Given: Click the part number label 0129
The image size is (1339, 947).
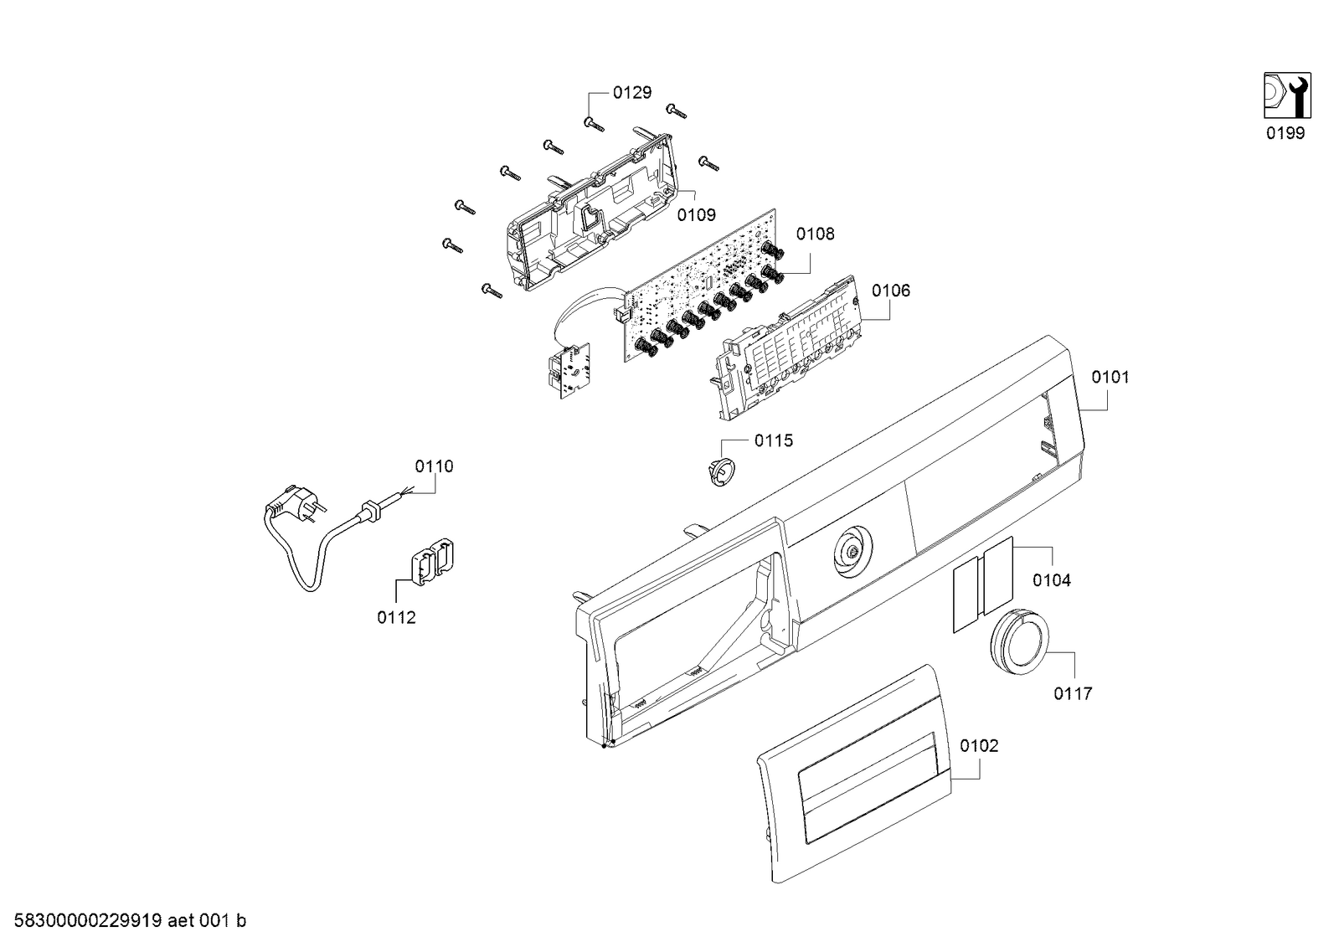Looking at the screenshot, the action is pos(632,93).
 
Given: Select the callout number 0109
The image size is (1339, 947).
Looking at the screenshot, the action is pos(697,214).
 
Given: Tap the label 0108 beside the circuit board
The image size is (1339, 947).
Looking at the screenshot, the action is pos(816,234).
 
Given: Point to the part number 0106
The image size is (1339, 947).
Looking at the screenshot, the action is pos(891,291).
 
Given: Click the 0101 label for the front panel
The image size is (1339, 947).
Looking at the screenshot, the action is pos(1110,378).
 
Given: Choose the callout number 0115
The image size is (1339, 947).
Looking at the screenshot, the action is pos(774,440).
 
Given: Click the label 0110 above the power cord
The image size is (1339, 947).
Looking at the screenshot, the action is pos(435,466).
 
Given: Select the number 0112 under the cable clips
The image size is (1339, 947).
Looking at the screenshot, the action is pos(396,618).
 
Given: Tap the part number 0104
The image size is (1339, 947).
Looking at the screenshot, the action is pos(1052,580).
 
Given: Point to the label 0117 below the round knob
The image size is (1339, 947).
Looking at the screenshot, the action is pos(1073,693).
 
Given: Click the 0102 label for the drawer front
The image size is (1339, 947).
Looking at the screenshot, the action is pos(979,746).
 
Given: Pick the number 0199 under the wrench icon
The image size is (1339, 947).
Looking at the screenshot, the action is pos(1285,133).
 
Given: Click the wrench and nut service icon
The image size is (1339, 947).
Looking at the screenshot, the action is pos(1288,95).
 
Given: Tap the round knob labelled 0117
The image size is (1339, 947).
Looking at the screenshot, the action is pos(1020,641).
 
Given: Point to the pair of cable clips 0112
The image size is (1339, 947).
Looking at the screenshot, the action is pos(431,562).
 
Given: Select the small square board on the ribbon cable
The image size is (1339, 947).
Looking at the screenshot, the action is pos(151,371).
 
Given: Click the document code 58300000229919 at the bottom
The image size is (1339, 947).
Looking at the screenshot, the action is pos(88,921).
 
